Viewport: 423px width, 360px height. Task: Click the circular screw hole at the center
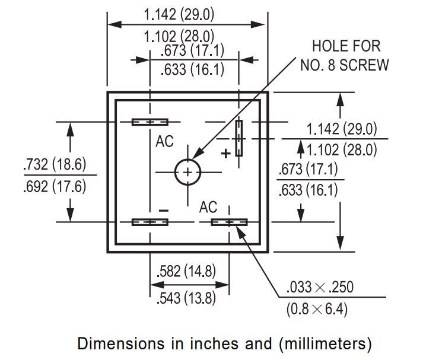point(187,173)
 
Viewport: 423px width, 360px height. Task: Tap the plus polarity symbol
point(225,154)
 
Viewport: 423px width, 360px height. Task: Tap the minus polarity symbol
point(164,211)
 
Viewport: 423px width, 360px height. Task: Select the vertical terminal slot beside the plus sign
point(238,138)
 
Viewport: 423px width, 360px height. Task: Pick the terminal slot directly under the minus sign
point(150,222)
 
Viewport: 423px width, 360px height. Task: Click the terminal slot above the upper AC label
point(150,122)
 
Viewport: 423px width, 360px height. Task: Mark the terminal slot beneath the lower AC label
point(229,222)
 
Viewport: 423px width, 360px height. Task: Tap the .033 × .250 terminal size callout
point(319,288)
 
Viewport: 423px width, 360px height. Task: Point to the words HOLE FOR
point(346,46)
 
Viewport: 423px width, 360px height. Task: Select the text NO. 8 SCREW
point(345,65)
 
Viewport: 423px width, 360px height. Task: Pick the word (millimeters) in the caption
point(323,343)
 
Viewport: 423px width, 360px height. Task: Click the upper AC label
point(166,142)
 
